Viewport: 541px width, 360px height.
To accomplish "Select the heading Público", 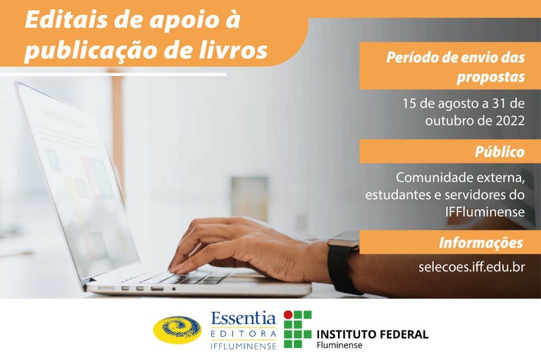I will [499, 152].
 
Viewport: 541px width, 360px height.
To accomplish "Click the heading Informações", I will [481, 243].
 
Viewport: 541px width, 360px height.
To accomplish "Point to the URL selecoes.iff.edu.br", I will [471, 268].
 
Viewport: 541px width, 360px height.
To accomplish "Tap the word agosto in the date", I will [458, 103].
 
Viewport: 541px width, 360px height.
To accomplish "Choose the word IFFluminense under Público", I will [485, 211].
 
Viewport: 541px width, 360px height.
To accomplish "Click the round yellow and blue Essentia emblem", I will [177, 330].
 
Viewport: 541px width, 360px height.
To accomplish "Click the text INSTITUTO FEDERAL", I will [373, 334].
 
